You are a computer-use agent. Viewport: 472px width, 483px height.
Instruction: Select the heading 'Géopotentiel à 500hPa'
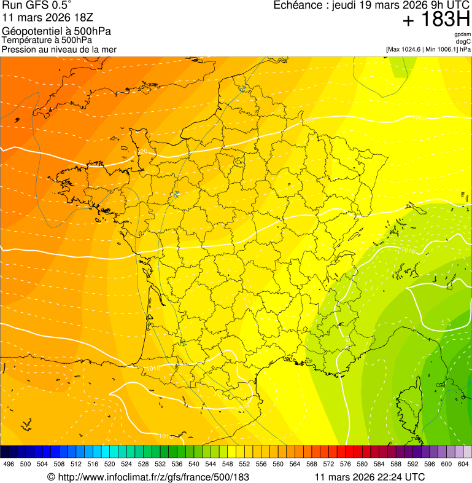56,31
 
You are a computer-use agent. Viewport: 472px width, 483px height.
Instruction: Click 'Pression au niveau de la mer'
59,49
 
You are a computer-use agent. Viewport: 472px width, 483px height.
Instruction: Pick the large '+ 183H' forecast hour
436,20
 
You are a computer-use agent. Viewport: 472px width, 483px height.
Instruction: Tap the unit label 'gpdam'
462,34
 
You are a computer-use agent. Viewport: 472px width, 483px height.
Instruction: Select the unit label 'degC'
463,41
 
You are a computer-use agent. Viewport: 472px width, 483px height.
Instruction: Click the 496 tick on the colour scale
9,464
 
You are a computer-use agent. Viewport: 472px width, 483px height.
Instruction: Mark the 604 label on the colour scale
463,464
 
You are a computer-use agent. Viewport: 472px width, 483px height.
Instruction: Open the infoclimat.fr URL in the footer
153,476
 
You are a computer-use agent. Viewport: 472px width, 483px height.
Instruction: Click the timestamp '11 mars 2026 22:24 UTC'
369,476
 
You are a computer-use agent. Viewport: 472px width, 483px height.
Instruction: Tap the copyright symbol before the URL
51,476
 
